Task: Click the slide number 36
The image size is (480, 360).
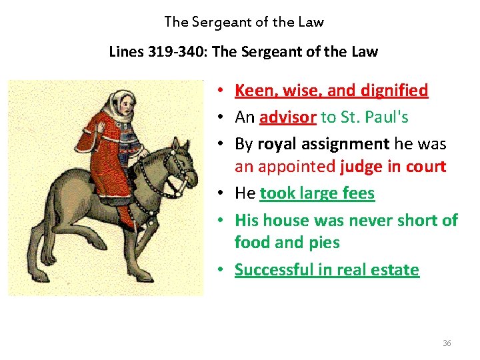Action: pos(447,343)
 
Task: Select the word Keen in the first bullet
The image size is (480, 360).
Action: pos(251,90)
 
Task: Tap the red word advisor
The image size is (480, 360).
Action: pos(288,117)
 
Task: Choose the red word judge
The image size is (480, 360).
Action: pos(361,167)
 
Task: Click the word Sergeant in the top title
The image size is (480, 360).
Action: pos(219,22)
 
